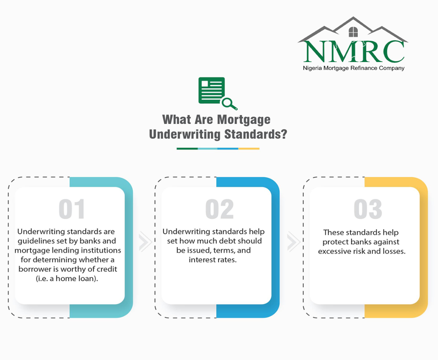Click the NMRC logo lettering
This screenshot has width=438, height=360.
tap(354, 52)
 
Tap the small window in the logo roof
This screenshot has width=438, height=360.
tap(354, 32)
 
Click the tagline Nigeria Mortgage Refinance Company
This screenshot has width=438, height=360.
tap(354, 68)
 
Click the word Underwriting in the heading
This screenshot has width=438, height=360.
tap(185, 134)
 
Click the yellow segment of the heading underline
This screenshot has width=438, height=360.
tap(249, 149)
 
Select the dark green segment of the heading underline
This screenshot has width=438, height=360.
tap(187, 149)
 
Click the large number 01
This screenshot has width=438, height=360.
tap(72, 209)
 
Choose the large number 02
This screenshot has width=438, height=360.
tap(219, 209)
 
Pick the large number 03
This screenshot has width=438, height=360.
tap(368, 209)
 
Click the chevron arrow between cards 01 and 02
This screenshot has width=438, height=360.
tap(145, 242)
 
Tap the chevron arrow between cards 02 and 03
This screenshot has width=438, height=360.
tap(294, 242)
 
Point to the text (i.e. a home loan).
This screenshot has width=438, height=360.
tap(67, 279)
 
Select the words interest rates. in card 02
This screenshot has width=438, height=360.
tap(212, 260)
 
